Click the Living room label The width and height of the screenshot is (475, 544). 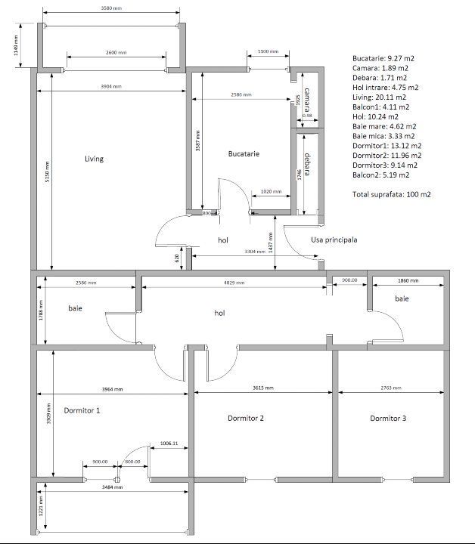click(94, 159)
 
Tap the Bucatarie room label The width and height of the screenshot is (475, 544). click(244, 154)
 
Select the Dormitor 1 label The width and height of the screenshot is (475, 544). click(82, 411)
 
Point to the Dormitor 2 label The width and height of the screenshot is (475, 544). click(246, 419)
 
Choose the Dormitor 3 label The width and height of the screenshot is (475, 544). click(388, 419)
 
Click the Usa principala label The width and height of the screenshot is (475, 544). click(334, 240)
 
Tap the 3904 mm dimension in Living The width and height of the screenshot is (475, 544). click(110, 87)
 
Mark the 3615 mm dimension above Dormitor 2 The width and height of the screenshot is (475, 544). click(263, 387)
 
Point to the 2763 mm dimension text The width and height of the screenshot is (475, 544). click(387, 387)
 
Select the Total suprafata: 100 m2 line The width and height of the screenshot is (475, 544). click(391, 194)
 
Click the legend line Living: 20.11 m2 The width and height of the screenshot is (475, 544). click(379, 97)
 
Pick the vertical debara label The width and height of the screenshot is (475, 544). click(306, 165)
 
